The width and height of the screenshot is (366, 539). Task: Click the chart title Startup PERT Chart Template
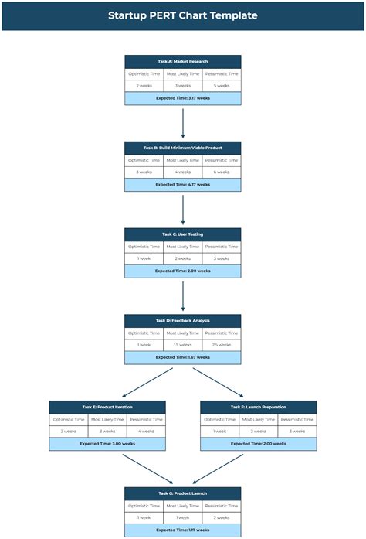click(x=183, y=15)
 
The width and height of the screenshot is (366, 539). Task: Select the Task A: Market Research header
click(x=183, y=61)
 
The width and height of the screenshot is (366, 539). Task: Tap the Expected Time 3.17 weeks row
click(x=183, y=99)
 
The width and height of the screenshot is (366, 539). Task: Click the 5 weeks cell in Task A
click(x=222, y=86)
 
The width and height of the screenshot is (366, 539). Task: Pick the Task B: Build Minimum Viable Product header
click(x=183, y=148)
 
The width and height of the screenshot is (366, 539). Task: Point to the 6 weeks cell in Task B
click(x=222, y=172)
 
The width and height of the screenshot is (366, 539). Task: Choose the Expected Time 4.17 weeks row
click(x=183, y=185)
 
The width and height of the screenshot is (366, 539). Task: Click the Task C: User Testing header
click(x=183, y=234)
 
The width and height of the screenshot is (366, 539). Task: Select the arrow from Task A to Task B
click(x=183, y=123)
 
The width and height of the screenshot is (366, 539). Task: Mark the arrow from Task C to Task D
click(x=183, y=295)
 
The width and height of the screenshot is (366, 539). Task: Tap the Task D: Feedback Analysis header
click(x=183, y=320)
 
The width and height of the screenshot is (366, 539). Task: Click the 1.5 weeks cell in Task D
click(x=183, y=345)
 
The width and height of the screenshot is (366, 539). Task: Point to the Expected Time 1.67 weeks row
click(x=183, y=357)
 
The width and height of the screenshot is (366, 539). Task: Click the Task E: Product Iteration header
click(x=107, y=407)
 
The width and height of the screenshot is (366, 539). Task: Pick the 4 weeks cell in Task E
click(x=146, y=432)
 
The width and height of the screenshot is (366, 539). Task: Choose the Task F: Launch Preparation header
click(x=259, y=407)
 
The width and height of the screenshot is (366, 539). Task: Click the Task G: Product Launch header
click(x=183, y=493)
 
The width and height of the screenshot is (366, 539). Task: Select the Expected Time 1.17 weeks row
click(x=183, y=530)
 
